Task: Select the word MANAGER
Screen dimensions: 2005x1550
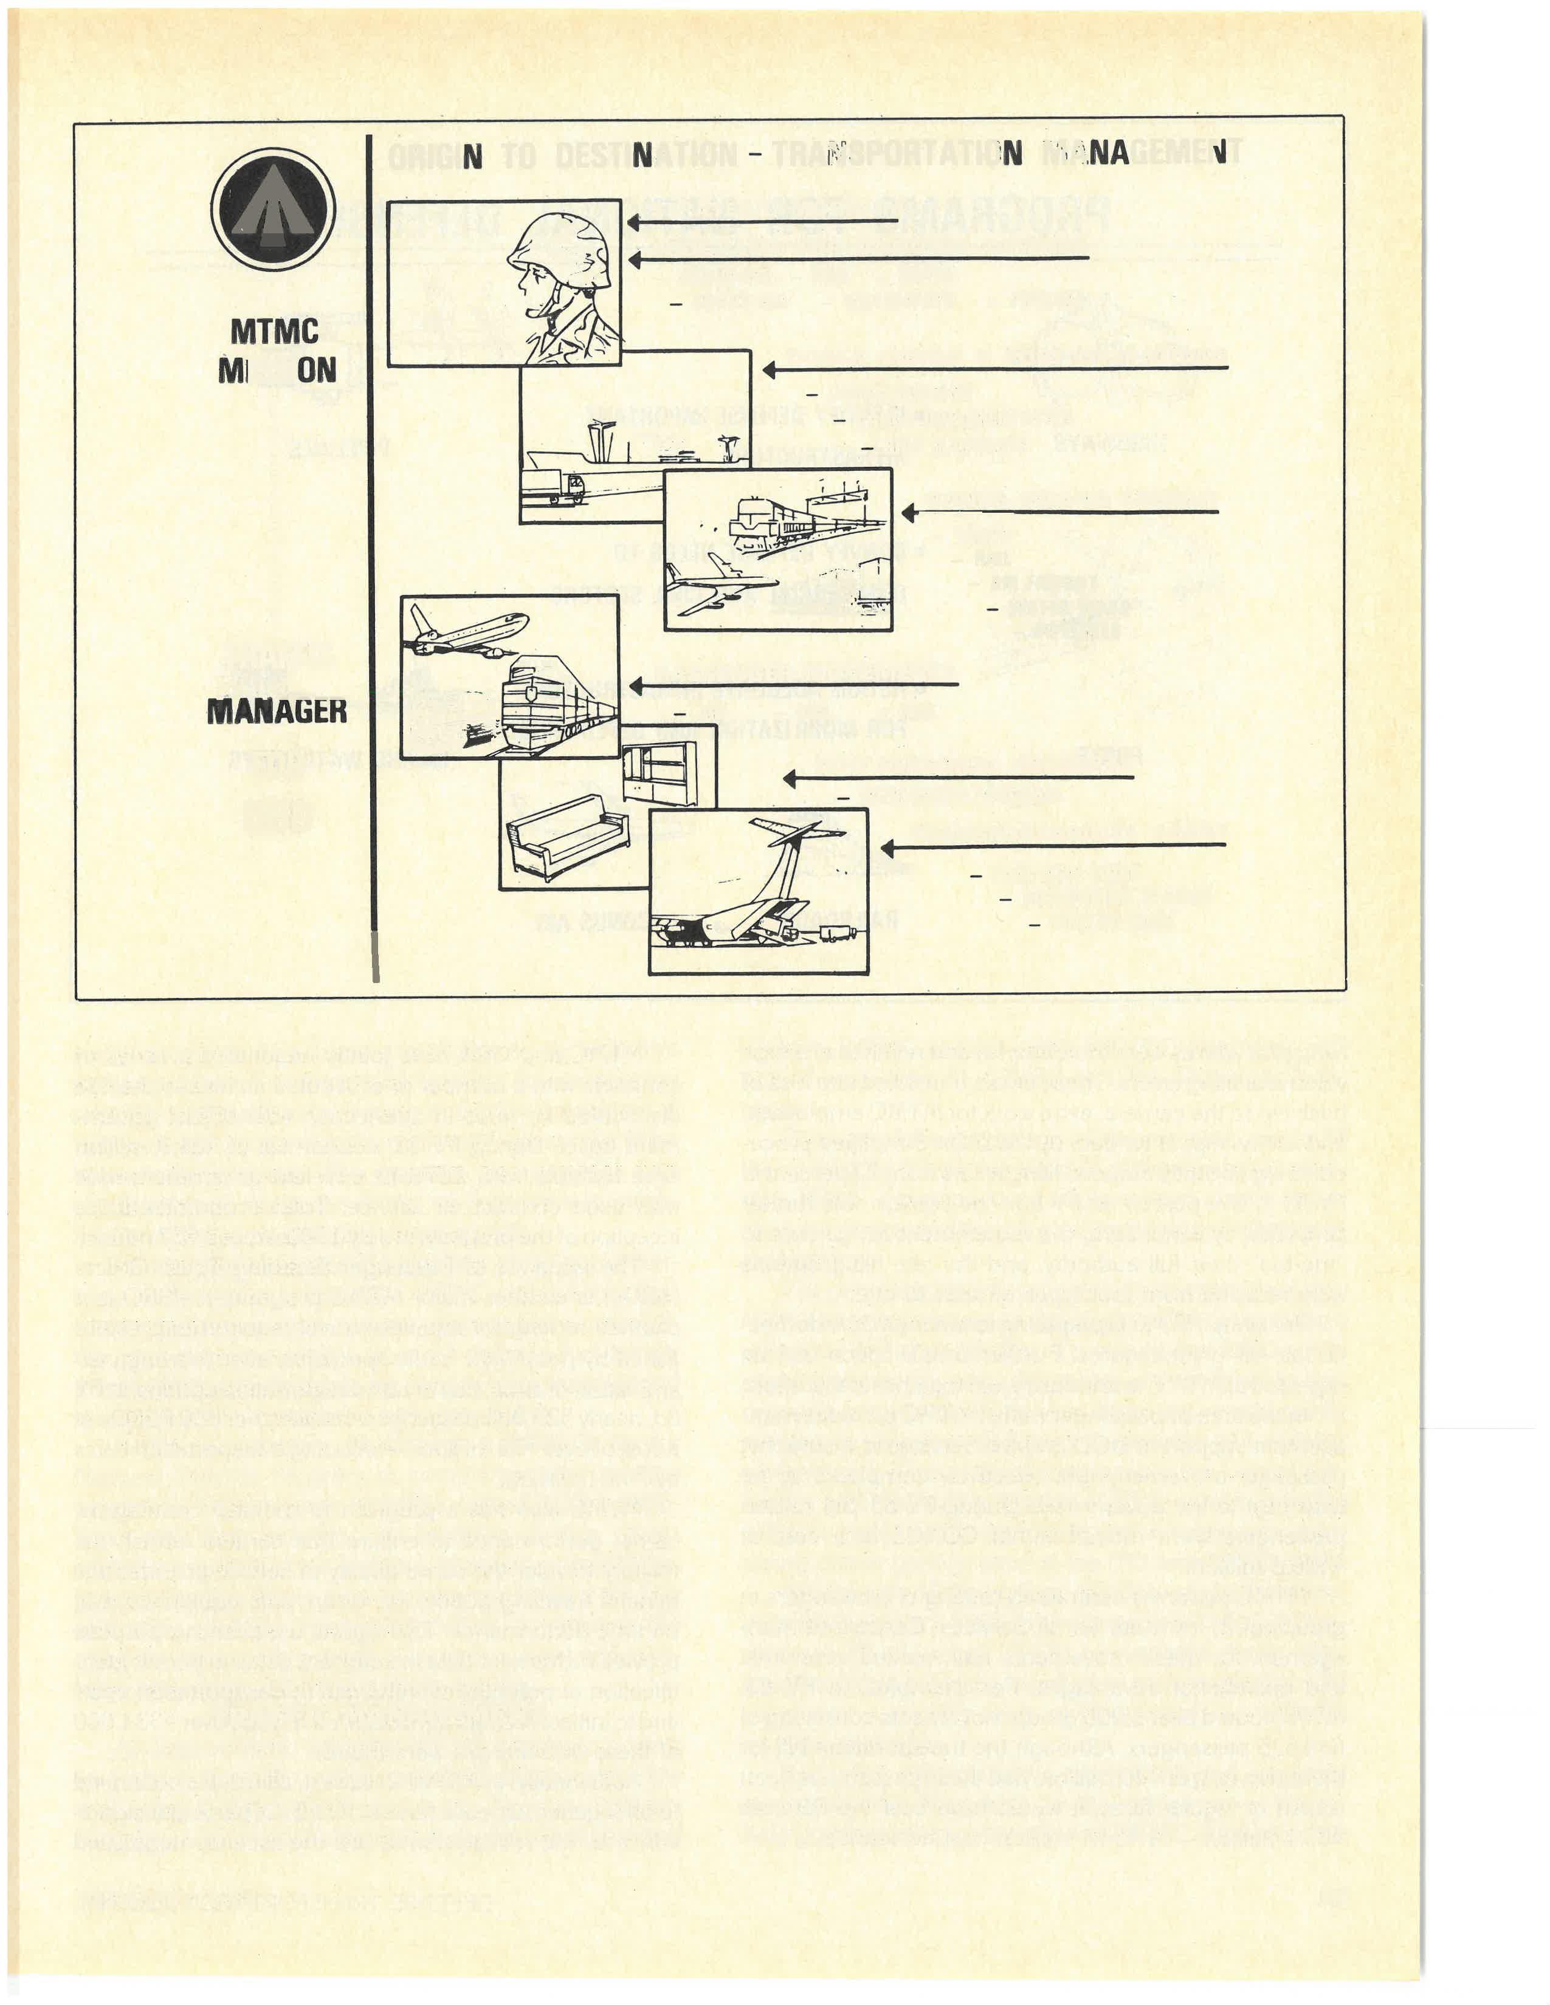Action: click(x=277, y=710)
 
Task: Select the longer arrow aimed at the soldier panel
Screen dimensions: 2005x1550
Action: click(x=858, y=260)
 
